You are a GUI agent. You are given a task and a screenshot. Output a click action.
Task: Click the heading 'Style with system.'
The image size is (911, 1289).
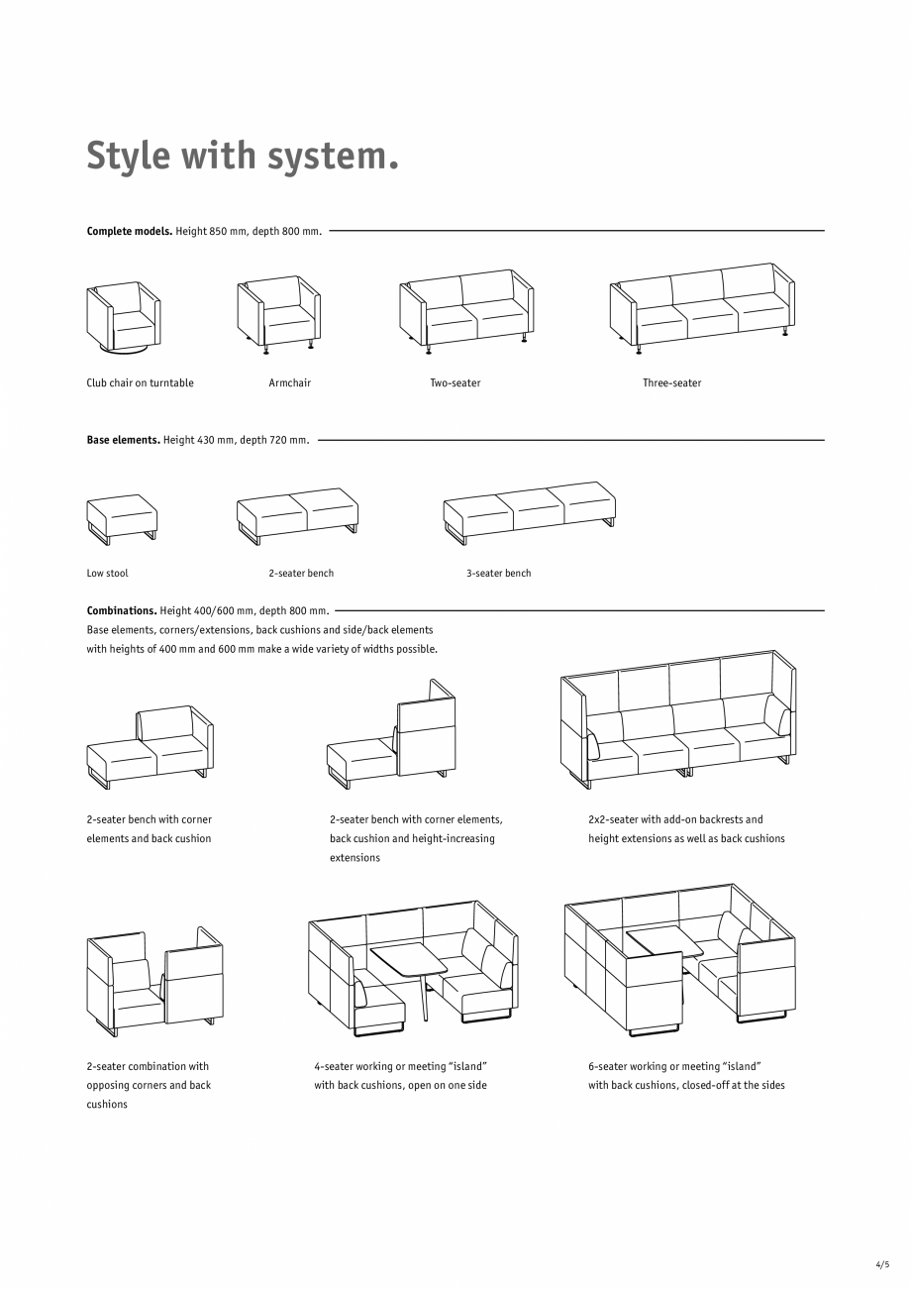click(243, 157)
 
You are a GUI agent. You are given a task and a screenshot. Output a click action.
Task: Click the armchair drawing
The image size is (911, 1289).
click(279, 312)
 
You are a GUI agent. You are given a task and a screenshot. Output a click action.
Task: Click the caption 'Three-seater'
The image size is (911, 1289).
click(671, 383)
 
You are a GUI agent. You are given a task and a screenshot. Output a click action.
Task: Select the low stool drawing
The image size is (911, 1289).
click(122, 517)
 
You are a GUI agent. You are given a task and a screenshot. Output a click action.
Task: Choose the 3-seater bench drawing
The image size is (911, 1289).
click(529, 512)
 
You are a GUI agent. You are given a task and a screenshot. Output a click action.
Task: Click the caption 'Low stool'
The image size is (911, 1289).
click(107, 574)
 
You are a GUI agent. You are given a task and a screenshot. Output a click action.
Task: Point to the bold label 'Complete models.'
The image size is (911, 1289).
click(130, 232)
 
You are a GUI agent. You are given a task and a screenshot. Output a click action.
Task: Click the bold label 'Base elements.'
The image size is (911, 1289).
click(124, 440)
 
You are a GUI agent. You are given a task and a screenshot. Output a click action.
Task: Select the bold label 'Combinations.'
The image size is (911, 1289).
click(122, 611)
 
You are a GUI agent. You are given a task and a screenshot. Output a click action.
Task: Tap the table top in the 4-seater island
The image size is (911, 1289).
click(408, 958)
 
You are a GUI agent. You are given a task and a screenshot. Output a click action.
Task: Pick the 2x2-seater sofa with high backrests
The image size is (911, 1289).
click(678, 719)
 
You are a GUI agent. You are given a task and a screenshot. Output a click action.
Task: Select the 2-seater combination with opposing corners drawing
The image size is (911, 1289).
click(153, 981)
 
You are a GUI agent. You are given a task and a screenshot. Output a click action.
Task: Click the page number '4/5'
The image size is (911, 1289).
click(882, 1265)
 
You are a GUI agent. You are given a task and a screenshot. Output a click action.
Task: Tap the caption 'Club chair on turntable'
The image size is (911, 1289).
click(140, 383)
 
